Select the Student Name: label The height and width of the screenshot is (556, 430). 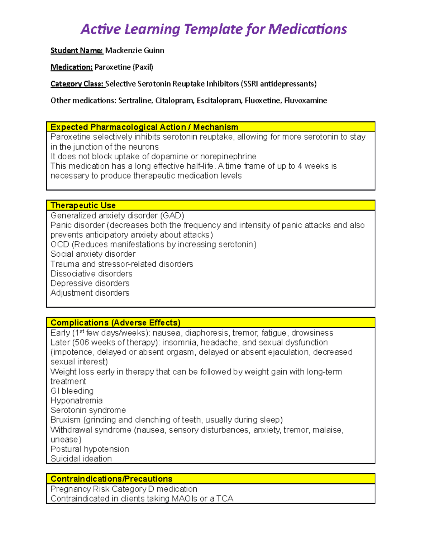coord(77,50)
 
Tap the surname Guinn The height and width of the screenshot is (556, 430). coord(154,50)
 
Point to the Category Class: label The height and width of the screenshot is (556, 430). coord(77,84)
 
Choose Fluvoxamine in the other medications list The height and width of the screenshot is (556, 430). coord(305,101)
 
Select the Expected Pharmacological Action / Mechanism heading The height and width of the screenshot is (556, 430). coord(144,127)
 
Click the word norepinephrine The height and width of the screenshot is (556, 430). coord(228,156)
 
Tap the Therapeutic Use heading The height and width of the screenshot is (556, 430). coord(83,206)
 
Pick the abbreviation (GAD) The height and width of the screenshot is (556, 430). coord(172,216)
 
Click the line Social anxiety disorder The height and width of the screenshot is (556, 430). coord(93,254)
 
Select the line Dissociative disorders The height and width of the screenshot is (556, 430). coord(91,274)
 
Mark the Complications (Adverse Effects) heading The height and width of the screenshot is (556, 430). coord(115,323)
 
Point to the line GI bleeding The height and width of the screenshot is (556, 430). coord(72,391)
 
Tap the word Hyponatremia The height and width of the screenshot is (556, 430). coord(76,401)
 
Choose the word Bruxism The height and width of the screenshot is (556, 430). coord(65,420)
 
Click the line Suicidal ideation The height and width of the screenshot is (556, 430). coord(81,459)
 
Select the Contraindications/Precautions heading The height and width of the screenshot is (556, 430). coord(111,479)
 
